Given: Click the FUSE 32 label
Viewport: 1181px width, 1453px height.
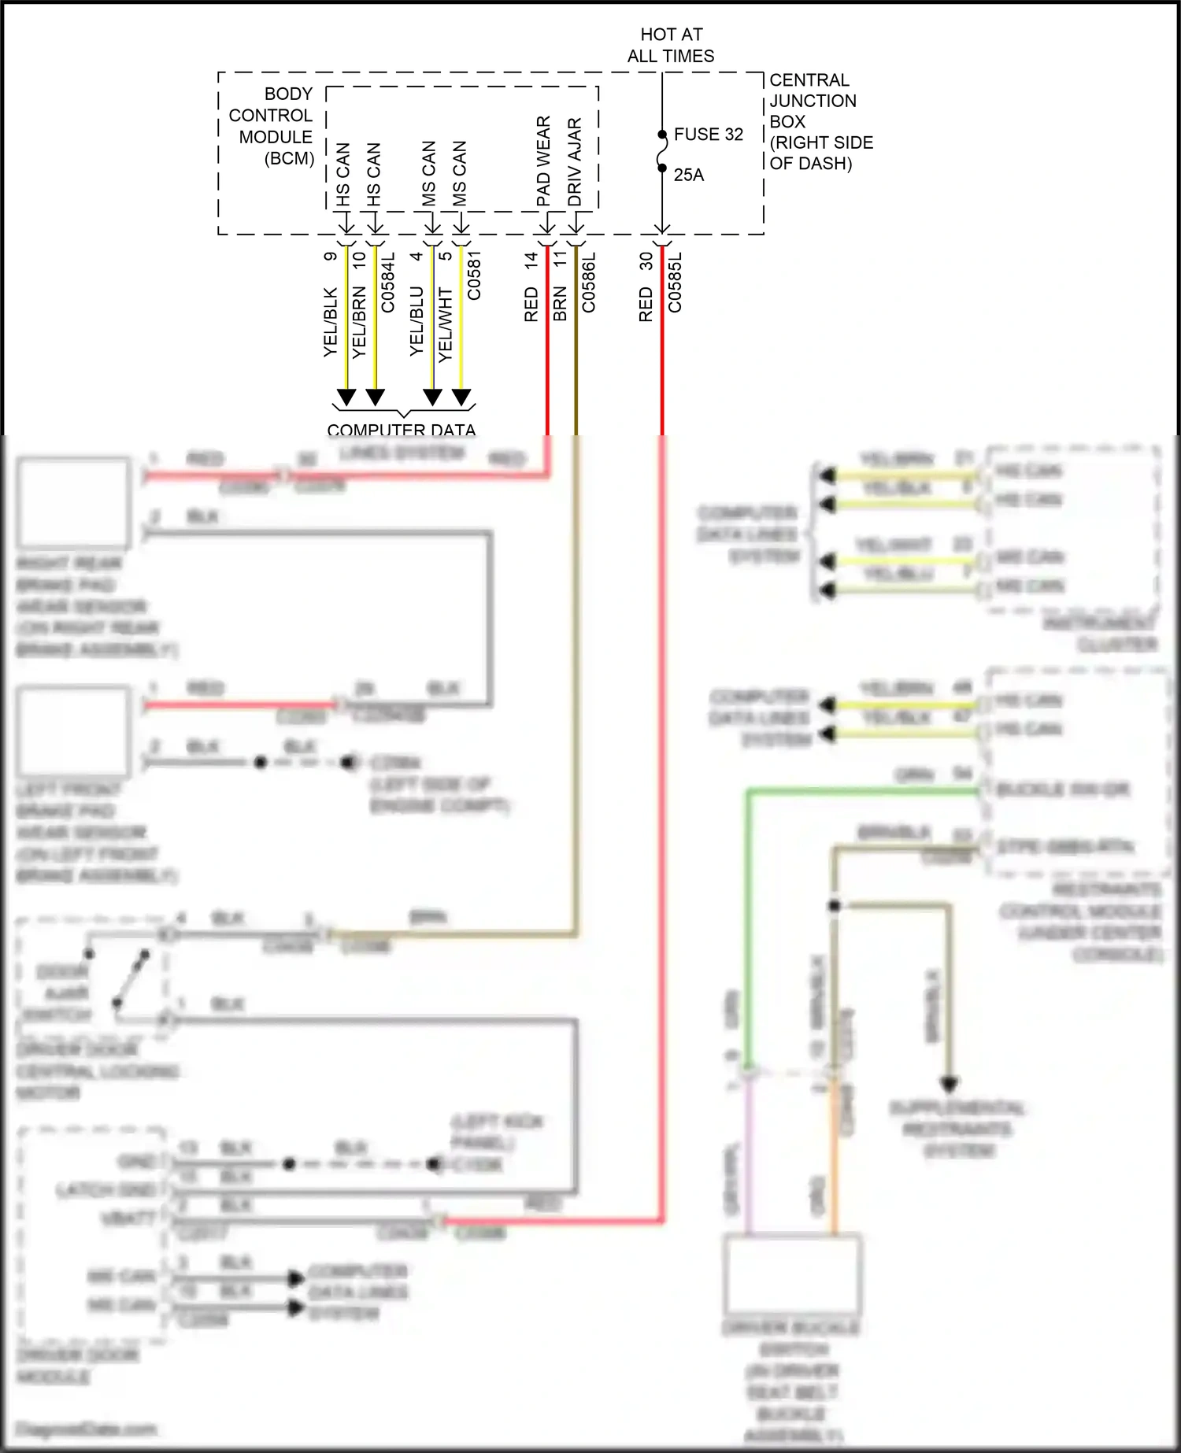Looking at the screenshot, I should [x=708, y=135].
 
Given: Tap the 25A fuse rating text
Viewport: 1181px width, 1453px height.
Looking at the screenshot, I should [x=688, y=176].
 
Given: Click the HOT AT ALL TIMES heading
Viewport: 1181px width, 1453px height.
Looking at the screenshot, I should [x=671, y=45].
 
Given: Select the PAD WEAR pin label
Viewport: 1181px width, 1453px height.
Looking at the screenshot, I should [x=543, y=161].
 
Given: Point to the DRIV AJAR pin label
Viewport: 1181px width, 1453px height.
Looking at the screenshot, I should [x=575, y=162].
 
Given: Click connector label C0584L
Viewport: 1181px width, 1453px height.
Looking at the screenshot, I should [x=388, y=282].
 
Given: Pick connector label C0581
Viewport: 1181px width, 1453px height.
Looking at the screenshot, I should [x=474, y=275].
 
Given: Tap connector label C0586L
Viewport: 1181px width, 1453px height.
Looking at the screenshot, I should [x=589, y=282].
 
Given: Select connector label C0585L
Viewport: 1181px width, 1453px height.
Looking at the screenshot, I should [x=675, y=282].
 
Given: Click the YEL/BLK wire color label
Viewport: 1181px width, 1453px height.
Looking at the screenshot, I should [x=331, y=322].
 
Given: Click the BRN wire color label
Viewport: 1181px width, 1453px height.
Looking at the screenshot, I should [x=560, y=304].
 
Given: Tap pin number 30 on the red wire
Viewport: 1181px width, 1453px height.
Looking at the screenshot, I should [x=646, y=261].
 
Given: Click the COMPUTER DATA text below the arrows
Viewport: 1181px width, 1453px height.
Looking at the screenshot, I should [x=401, y=430].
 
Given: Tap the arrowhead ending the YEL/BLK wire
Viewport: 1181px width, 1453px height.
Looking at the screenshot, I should [x=346, y=397].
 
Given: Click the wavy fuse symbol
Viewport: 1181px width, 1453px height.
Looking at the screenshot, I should [x=661, y=151].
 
